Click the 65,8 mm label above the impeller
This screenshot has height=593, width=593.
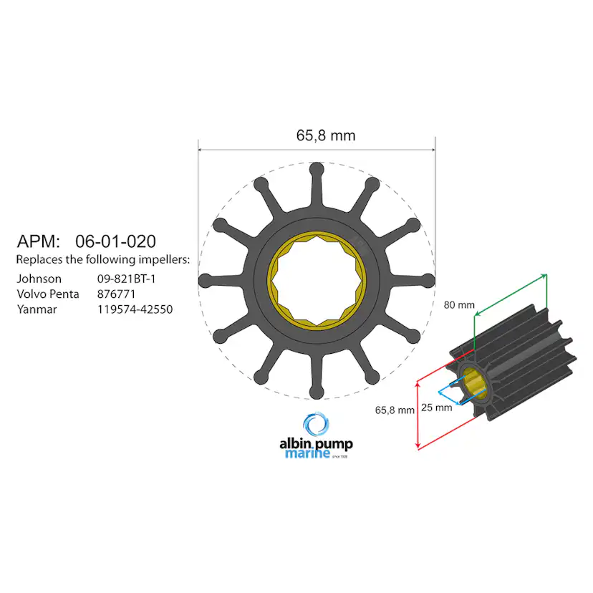pyautogui.click(x=325, y=135)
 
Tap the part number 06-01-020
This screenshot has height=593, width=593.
pyautogui.click(x=115, y=241)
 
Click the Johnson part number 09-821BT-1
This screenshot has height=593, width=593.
pyautogui.click(x=127, y=279)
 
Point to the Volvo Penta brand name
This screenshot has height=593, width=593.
pyautogui.click(x=47, y=294)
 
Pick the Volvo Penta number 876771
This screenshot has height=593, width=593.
pyautogui.click(x=116, y=294)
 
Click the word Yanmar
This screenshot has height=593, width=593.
pyautogui.click(x=37, y=309)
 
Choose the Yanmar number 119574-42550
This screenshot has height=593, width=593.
pyautogui.click(x=135, y=309)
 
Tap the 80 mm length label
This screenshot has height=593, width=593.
pyautogui.click(x=459, y=305)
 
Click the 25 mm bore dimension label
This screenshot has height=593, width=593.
pyautogui.click(x=436, y=408)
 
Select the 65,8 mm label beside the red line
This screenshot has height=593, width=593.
pyautogui.click(x=395, y=410)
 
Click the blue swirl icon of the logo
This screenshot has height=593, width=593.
pyautogui.click(x=315, y=425)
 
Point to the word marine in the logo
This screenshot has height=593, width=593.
pyautogui.click(x=307, y=453)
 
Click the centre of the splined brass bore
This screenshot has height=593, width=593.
pyautogui.click(x=317, y=281)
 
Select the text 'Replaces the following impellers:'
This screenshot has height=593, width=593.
pyautogui.click(x=102, y=259)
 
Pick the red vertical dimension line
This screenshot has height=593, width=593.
pyautogui.click(x=418, y=415)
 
